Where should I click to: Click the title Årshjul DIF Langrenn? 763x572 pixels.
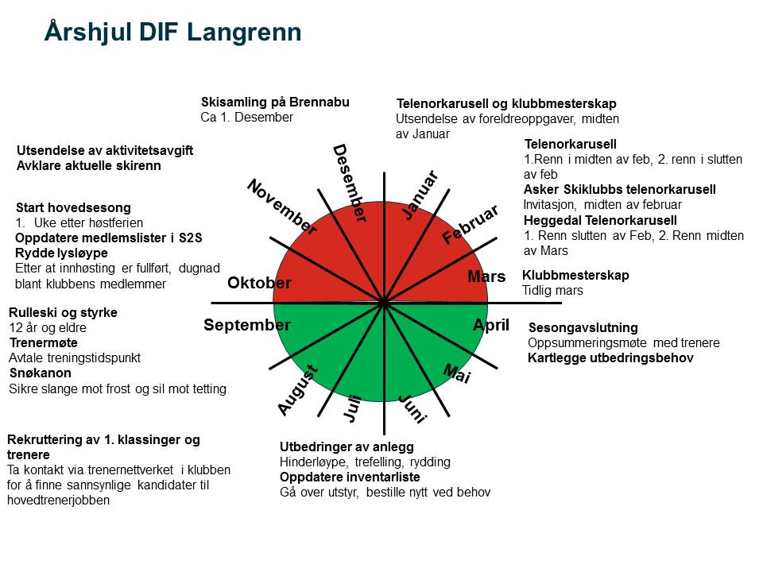coord(172,33)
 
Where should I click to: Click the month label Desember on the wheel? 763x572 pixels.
coord(350,183)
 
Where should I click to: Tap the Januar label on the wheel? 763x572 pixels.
coord(420,195)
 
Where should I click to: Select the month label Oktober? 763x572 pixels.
coord(259,283)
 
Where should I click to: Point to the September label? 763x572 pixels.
coord(246,324)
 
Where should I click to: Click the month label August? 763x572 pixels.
coord(298,390)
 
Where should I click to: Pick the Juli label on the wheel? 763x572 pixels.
coord(352,408)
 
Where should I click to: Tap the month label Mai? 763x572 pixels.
coord(457,373)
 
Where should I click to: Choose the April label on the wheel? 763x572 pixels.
coord(491,325)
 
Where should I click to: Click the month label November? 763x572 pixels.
coord(282,207)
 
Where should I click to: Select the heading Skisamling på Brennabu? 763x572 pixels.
coord(275,102)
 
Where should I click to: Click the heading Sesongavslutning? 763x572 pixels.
coord(583,327)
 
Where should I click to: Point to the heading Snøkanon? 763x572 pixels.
coord(41,373)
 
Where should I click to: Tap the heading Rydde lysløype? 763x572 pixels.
coord(61,253)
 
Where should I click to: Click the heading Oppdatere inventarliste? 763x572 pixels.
coord(350,477)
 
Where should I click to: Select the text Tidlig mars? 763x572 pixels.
coord(552,291)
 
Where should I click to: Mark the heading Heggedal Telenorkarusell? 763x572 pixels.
coord(600,220)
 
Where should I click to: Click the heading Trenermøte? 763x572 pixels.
coord(43,342)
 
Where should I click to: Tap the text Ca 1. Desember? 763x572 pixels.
coord(246,118)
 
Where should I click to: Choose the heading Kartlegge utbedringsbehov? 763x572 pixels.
coord(610,358)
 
